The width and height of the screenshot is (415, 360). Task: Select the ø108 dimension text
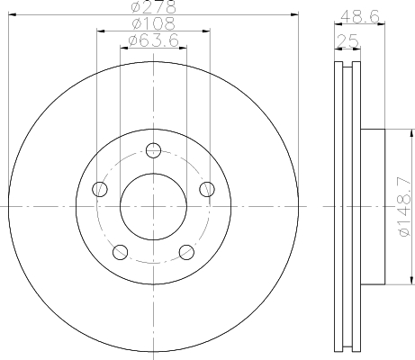(153, 23)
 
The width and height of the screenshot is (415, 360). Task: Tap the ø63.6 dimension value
(153, 40)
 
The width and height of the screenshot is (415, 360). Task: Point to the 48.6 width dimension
(360, 16)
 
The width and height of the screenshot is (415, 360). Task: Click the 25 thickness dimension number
(347, 41)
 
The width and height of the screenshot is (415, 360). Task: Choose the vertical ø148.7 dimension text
(405, 206)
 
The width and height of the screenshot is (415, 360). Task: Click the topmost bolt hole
(153, 150)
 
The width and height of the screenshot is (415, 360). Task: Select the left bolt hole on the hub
(100, 189)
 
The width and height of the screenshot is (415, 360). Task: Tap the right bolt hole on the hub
(207, 189)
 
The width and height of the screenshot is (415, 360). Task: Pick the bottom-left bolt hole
(121, 252)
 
